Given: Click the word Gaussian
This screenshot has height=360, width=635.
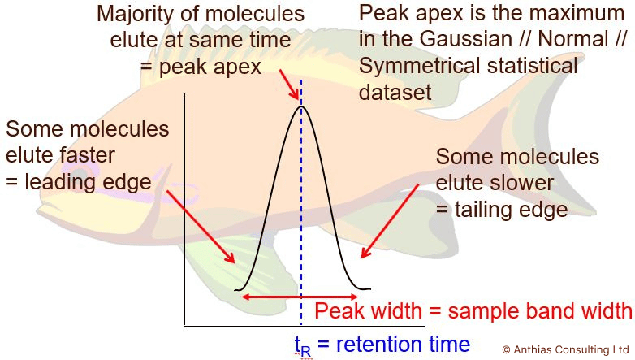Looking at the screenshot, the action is click(x=466, y=39).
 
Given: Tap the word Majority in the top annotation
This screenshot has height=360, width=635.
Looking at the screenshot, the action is click(x=131, y=14).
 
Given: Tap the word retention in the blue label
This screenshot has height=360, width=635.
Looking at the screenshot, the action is click(x=379, y=345).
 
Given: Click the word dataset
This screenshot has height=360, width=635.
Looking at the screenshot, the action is click(x=395, y=92).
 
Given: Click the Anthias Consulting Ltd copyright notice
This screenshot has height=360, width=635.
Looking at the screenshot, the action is click(x=565, y=350).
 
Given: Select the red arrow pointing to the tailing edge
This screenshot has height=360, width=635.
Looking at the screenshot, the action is click(x=390, y=221).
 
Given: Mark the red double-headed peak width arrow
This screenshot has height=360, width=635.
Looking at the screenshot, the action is click(x=300, y=297).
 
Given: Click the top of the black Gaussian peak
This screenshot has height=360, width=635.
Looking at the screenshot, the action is click(x=301, y=106).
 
